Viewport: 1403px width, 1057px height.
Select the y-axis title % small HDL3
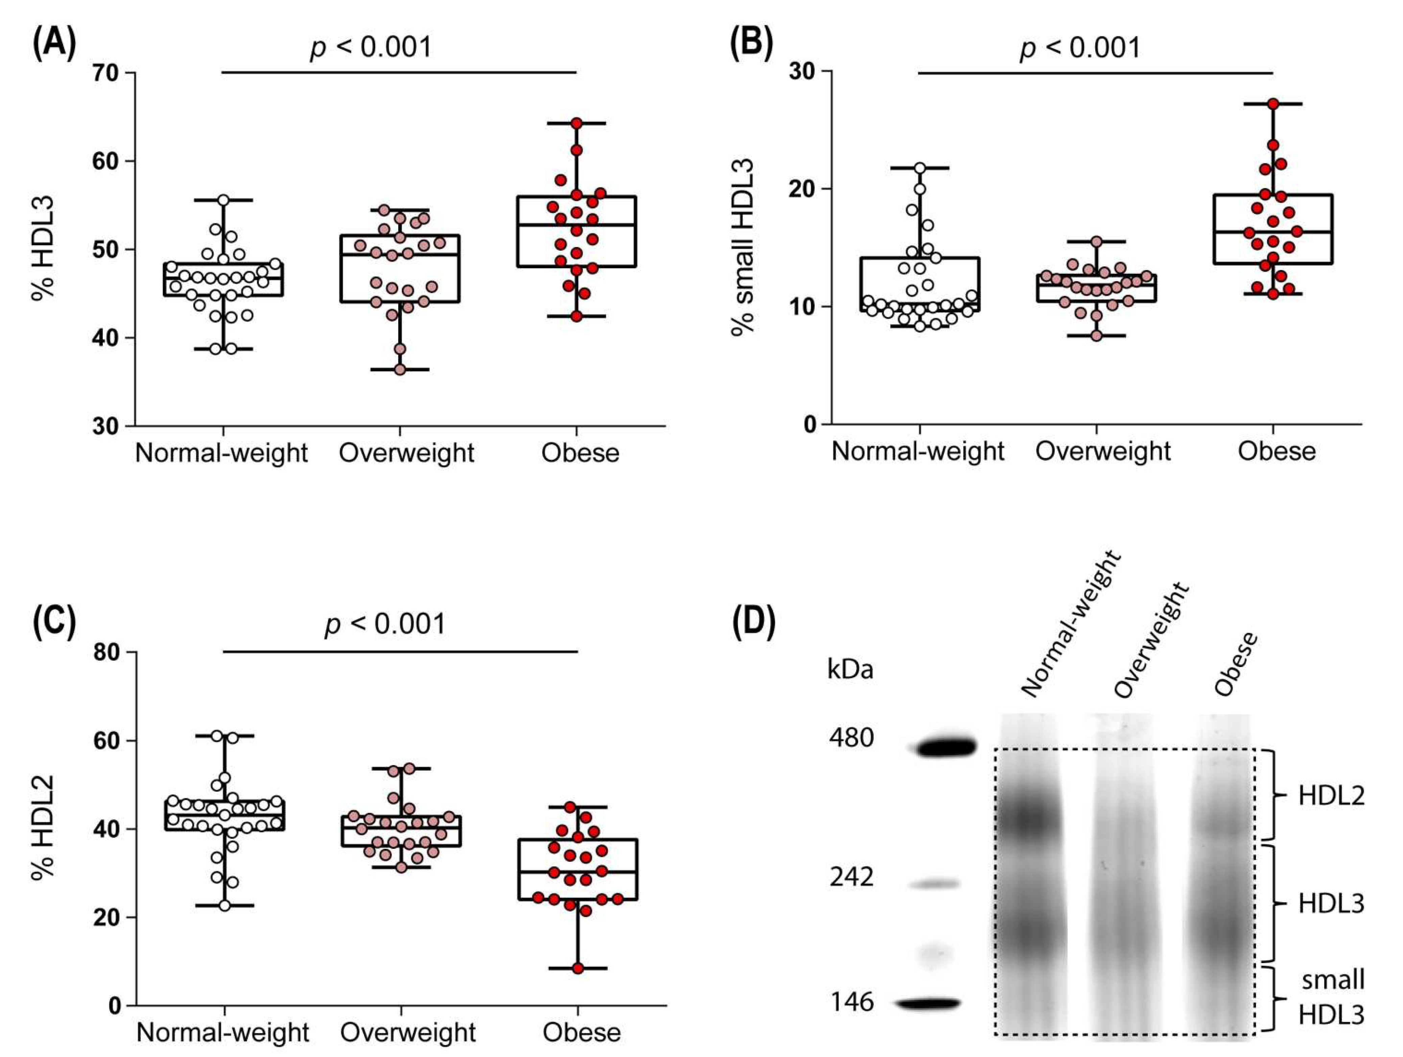tap(742, 247)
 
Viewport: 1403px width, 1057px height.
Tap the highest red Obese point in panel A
tap(576, 123)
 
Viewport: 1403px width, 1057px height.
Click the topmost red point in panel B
tap(1273, 104)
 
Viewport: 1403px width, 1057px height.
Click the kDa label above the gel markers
tap(850, 670)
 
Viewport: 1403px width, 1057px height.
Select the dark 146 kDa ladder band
tap(929, 1003)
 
